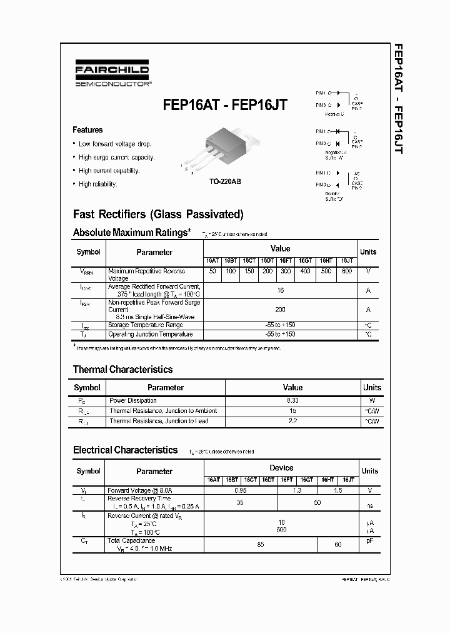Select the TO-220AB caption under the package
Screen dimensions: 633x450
pyautogui.click(x=225, y=181)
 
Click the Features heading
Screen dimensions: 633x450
pyautogui.click(x=87, y=130)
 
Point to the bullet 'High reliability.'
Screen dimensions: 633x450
pyautogui.click(x=97, y=184)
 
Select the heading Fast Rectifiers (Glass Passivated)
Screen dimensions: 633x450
pyautogui.click(x=158, y=214)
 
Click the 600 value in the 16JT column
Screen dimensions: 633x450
pyautogui.click(x=347, y=271)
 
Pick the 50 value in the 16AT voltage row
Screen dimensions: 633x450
pyautogui.click(x=212, y=271)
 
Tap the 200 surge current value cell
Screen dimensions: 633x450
pyautogui.click(x=280, y=310)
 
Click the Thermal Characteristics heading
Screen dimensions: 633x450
pyautogui.click(x=122, y=369)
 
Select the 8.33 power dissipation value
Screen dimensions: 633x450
pyautogui.click(x=292, y=400)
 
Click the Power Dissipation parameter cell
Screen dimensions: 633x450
pyautogui.click(x=133, y=400)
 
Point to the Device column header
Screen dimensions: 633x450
pyautogui.click(x=281, y=467)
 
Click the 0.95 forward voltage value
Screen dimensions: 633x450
pyautogui.click(x=240, y=490)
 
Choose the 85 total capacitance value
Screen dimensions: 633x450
pyautogui.click(x=260, y=544)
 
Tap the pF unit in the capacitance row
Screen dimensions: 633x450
pyautogui.click(x=369, y=541)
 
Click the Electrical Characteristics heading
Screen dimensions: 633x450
pyautogui.click(x=125, y=450)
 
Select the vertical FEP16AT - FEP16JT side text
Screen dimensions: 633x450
pyautogui.click(x=399, y=100)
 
